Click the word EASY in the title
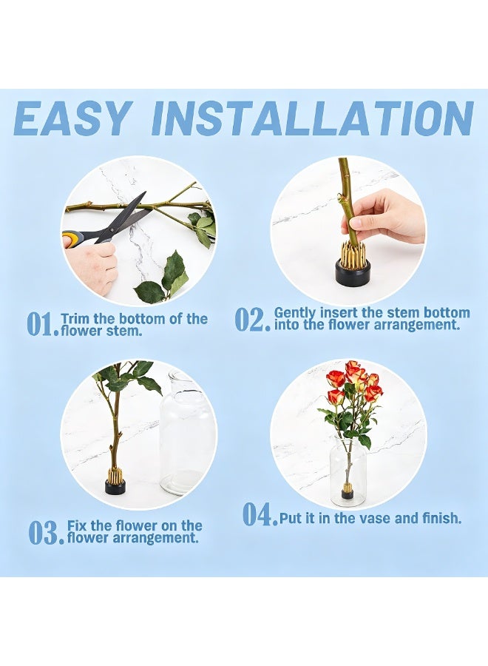click(71, 118)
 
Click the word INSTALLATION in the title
click(313, 118)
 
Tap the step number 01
click(42, 324)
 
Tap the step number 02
click(252, 320)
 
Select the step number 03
click(47, 533)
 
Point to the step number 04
click(260, 514)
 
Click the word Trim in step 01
click(75, 318)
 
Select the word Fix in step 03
click(77, 525)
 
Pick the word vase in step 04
click(375, 518)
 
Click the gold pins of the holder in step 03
click(114, 474)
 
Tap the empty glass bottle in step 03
click(185, 432)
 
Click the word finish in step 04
click(441, 518)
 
